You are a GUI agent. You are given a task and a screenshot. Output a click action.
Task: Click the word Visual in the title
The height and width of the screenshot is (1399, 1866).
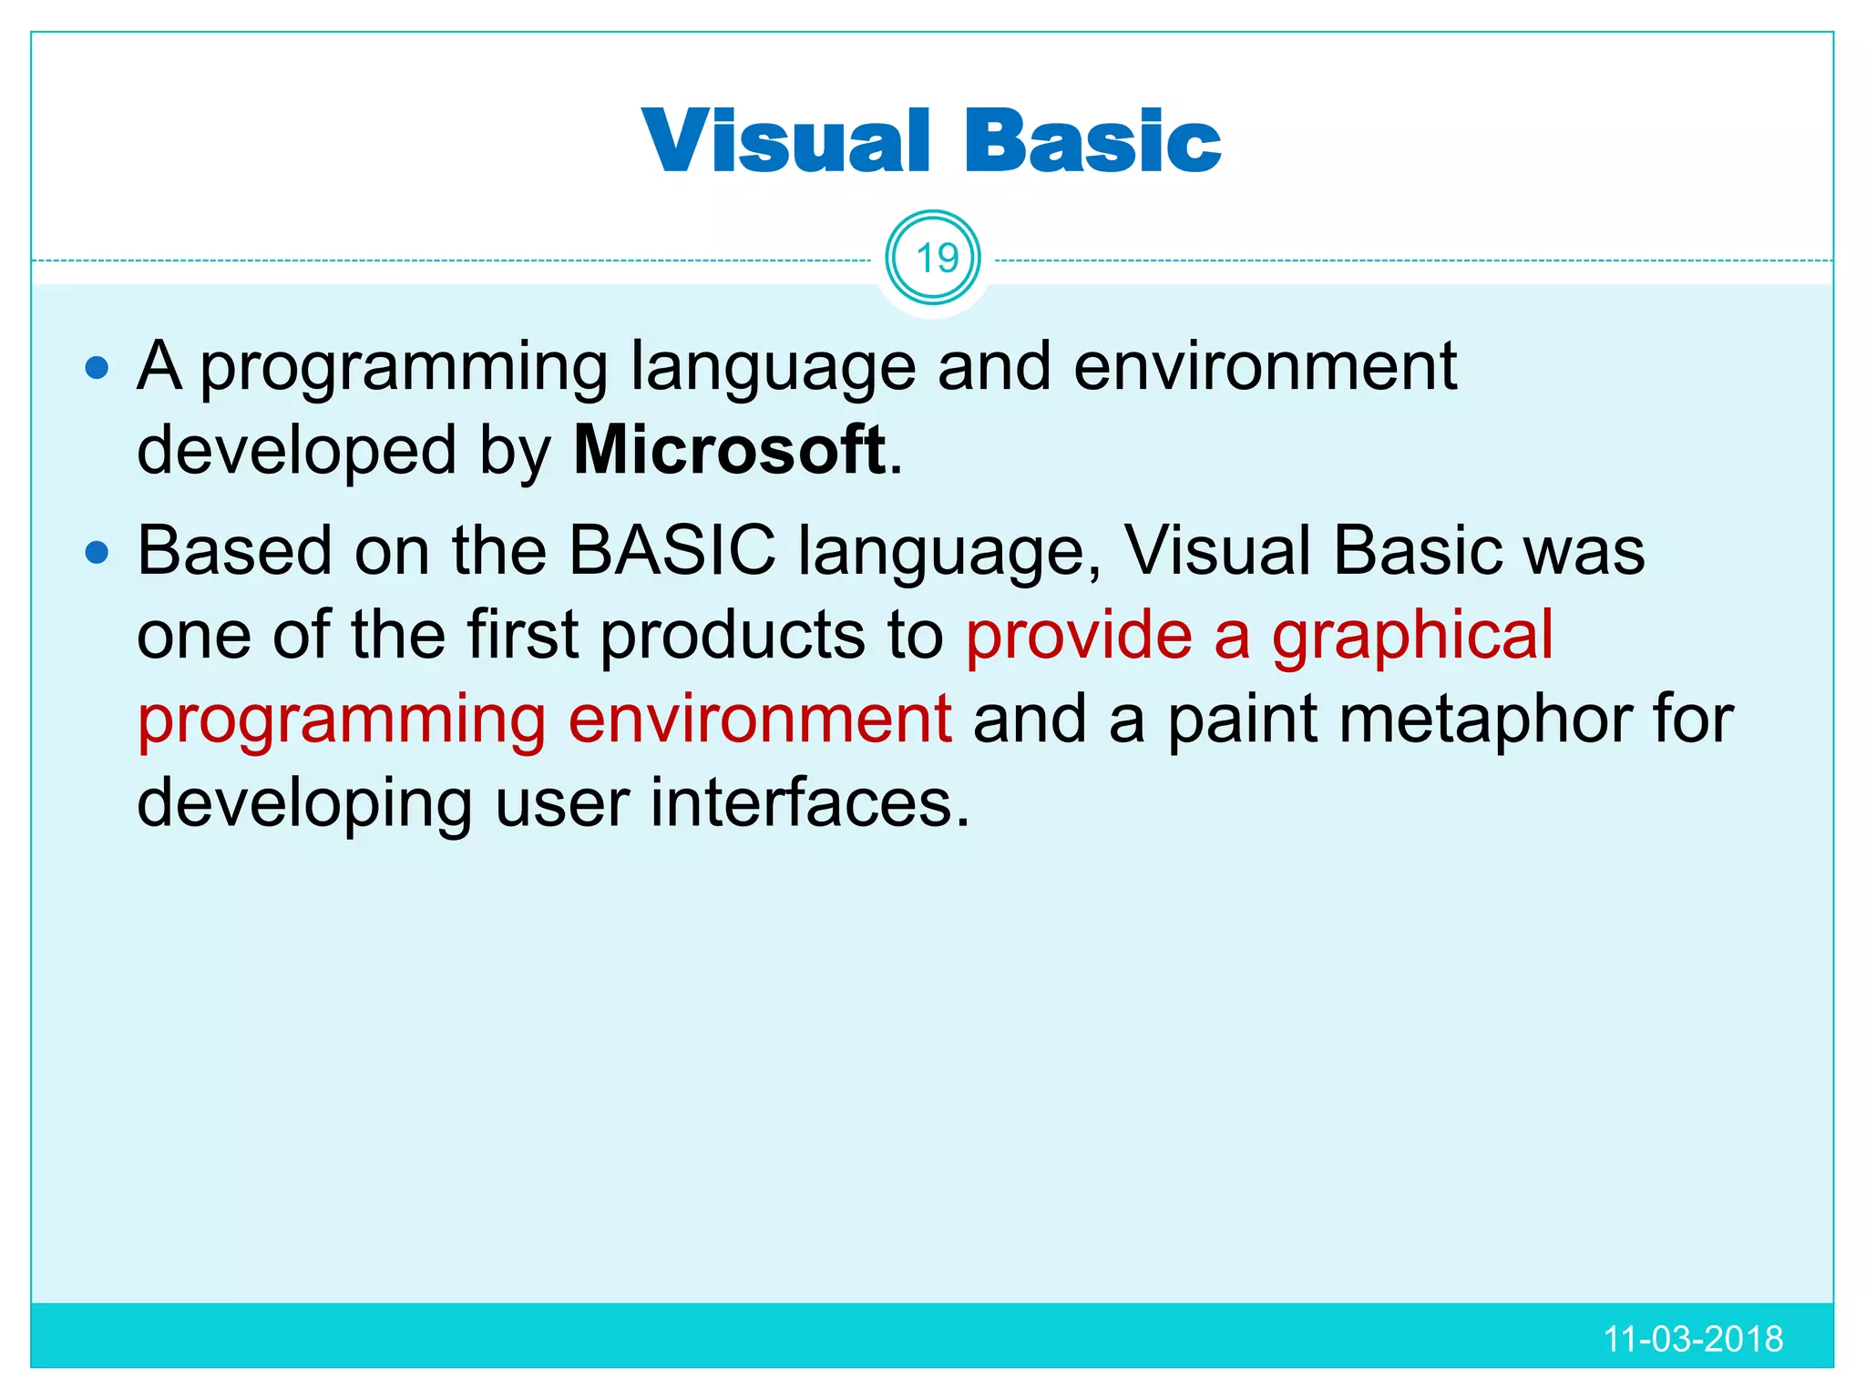pyautogui.click(x=784, y=141)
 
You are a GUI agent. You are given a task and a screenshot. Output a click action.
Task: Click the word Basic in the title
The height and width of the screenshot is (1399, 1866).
pyautogui.click(x=1092, y=141)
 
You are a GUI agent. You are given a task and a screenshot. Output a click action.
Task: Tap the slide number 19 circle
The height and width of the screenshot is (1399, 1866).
pyautogui.click(x=933, y=259)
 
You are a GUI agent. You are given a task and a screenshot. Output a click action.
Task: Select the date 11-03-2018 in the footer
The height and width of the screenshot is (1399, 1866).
pyautogui.click(x=1692, y=1339)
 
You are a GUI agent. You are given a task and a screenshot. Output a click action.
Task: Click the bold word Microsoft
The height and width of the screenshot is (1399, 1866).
pyautogui.click(x=730, y=450)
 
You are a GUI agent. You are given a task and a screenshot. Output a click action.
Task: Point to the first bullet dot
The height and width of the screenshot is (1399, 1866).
pyautogui.click(x=97, y=368)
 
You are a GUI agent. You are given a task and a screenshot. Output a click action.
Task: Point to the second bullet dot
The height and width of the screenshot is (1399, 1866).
pyautogui.click(x=97, y=552)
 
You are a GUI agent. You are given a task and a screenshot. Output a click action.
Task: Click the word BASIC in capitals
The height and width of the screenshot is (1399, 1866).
pyautogui.click(x=672, y=550)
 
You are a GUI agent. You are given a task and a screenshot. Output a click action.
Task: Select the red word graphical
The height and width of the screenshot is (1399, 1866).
pyautogui.click(x=1412, y=636)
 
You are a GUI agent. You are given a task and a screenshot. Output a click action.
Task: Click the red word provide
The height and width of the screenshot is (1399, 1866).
pyautogui.click(x=1079, y=636)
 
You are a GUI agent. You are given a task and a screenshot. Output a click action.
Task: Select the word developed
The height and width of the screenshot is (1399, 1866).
pyautogui.click(x=296, y=452)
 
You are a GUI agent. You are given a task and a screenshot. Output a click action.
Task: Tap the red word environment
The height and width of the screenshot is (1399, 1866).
pyautogui.click(x=760, y=720)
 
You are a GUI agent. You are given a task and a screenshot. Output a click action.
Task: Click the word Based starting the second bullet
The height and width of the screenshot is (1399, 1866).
pyautogui.click(x=234, y=550)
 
